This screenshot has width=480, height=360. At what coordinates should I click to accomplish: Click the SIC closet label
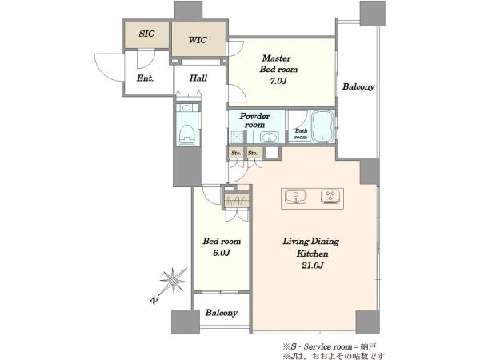pyautogui.click(x=147, y=34)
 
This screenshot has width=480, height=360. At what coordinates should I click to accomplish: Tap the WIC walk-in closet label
pyautogui.click(x=198, y=40)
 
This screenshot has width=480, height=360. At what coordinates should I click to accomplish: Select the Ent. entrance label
pyautogui.click(x=145, y=78)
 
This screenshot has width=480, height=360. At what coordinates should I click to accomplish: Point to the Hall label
pyautogui.click(x=198, y=78)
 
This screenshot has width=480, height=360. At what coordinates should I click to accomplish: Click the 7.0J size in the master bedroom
pyautogui.click(x=278, y=81)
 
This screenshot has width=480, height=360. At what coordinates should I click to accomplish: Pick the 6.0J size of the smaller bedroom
pyautogui.click(x=222, y=253)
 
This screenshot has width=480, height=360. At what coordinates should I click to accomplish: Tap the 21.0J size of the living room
pyautogui.click(x=313, y=266)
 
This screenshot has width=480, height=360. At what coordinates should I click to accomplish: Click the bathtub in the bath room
pyautogui.click(x=322, y=126)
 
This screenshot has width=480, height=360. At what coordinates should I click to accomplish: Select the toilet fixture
pyautogui.click(x=188, y=134)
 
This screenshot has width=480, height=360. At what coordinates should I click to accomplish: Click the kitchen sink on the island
pyautogui.click(x=295, y=197)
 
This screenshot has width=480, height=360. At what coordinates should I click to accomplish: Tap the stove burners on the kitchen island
pyautogui.click(x=330, y=197)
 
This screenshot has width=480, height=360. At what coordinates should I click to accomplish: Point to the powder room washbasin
pyautogui.click(x=270, y=137)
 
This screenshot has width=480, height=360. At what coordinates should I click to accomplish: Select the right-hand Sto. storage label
pyautogui.click(x=253, y=153)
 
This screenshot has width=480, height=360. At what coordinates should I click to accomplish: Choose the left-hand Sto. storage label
pyautogui.click(x=236, y=153)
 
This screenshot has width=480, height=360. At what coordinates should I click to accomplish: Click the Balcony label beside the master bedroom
pyautogui.click(x=358, y=87)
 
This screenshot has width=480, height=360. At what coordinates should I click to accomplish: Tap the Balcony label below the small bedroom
pyautogui.click(x=222, y=313)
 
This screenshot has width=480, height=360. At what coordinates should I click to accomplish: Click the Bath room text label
pyautogui.click(x=301, y=134)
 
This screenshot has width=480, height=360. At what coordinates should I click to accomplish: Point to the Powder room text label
pyautogui.click(x=254, y=120)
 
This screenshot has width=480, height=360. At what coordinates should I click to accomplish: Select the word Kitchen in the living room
pyautogui.click(x=313, y=254)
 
